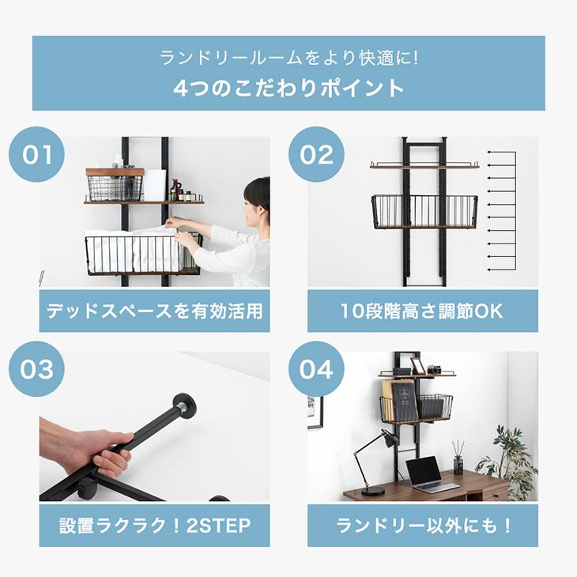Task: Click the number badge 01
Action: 36,154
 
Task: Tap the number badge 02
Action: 315,154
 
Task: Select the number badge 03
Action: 36,369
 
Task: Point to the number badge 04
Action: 315,369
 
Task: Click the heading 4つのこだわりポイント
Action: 288,87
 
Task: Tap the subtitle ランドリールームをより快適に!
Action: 288,58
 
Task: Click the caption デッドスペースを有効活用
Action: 154,310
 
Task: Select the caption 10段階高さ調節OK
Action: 422,310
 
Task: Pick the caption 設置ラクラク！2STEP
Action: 154,525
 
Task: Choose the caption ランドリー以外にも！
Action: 422,525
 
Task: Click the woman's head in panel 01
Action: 256,198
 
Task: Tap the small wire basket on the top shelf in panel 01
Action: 115,187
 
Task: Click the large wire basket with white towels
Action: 142,253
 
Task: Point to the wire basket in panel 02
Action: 424,211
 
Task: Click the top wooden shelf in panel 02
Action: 424,165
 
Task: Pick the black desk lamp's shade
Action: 390,439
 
